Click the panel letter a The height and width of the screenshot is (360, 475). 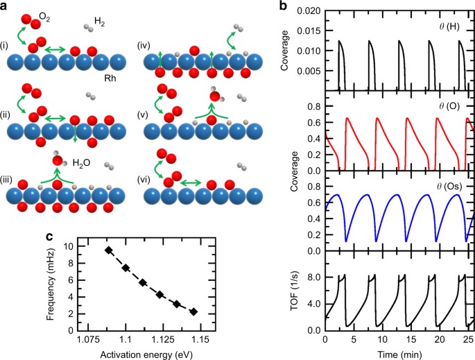[x=6, y=6]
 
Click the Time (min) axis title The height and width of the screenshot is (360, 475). [x=395, y=353]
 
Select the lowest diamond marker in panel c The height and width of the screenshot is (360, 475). [x=193, y=312]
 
